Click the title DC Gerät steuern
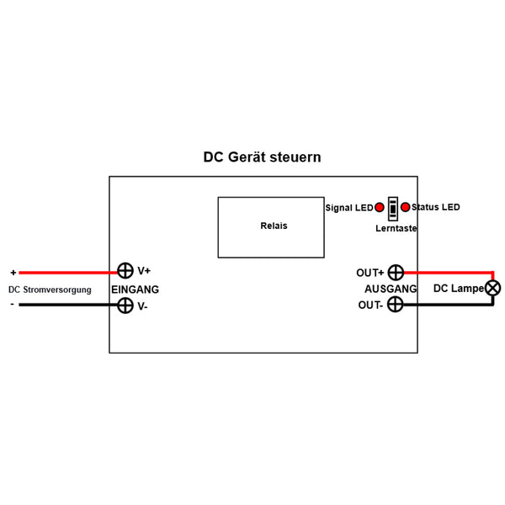[262, 157]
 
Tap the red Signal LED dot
[380, 207]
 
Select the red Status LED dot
[406, 207]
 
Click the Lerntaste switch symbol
[393, 208]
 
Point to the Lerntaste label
[396, 228]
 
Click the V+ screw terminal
[125, 271]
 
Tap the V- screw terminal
[125, 306]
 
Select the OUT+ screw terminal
[395, 272]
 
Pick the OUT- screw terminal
[395, 305]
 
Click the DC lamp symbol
[493, 288]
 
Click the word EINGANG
[135, 289]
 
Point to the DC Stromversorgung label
[50, 290]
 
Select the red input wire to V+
[67, 272]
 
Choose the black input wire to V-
[67, 305]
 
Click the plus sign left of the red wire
[13, 272]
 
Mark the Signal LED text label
[348, 208]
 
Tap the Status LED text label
[436, 207]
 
